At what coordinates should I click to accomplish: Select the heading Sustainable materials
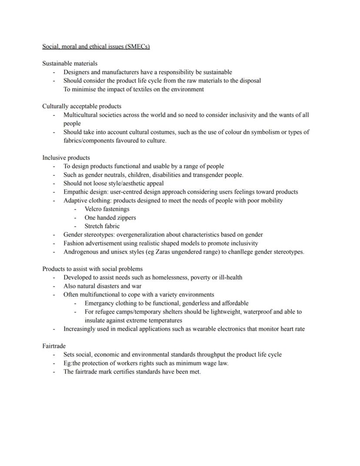pyautogui.click(x=70, y=64)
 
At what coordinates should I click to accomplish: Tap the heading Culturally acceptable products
pyautogui.click(x=82, y=106)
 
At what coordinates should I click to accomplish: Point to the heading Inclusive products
pyautogui.click(x=66, y=158)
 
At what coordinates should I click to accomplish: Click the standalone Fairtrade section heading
pyautogui.click(x=54, y=346)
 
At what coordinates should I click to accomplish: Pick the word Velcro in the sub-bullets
pyautogui.click(x=93, y=209)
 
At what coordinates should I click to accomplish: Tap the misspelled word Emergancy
pyautogui.click(x=100, y=303)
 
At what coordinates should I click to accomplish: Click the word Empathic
pyautogui.click(x=76, y=192)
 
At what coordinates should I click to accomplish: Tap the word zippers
pyautogui.click(x=125, y=218)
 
